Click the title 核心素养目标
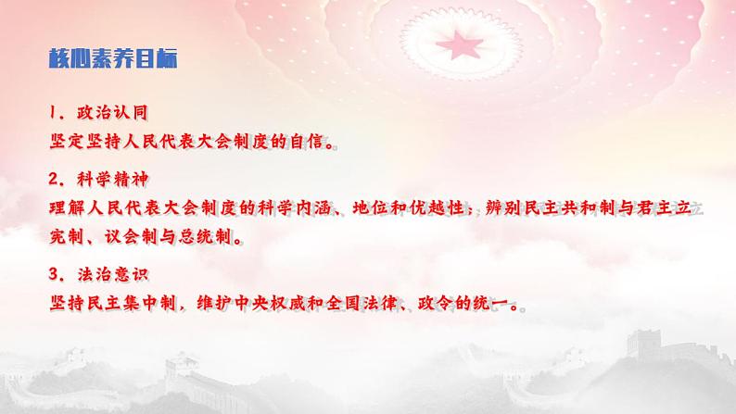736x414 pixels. [113, 59]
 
